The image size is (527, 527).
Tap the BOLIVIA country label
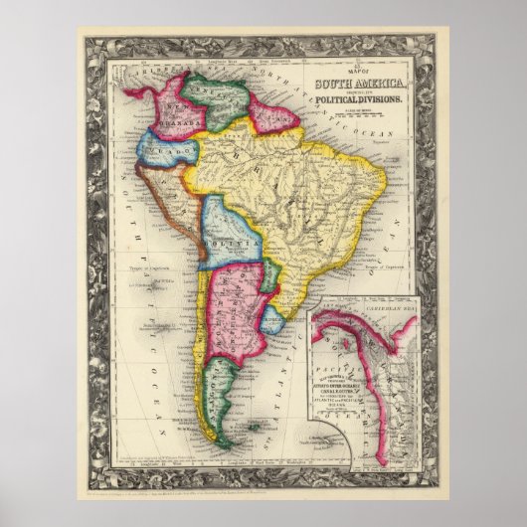235,242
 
